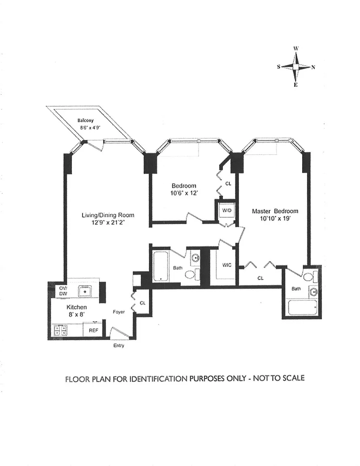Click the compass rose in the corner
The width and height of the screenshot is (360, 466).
tap(296, 67)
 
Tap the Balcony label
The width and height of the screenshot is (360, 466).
tap(85, 120)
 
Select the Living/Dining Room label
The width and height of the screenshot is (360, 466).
tap(108, 215)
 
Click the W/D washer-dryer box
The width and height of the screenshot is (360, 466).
tap(224, 210)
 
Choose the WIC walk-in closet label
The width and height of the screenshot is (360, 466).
tap(227, 265)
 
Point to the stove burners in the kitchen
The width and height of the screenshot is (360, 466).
tap(59, 330)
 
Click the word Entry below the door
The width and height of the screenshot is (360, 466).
tap(119, 345)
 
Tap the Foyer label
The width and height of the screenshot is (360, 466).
tap(119, 312)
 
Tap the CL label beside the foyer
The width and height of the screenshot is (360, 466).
tap(142, 303)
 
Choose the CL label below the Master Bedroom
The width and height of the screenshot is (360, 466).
tap(260, 278)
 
